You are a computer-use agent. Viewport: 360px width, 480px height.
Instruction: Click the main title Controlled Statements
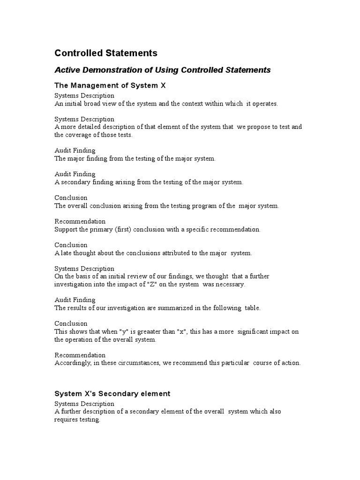pyautogui.click(x=106, y=53)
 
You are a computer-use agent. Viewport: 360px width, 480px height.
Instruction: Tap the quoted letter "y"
pyautogui.click(x=112, y=331)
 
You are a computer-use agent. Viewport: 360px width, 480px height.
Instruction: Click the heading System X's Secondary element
pyautogui.click(x=112, y=393)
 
